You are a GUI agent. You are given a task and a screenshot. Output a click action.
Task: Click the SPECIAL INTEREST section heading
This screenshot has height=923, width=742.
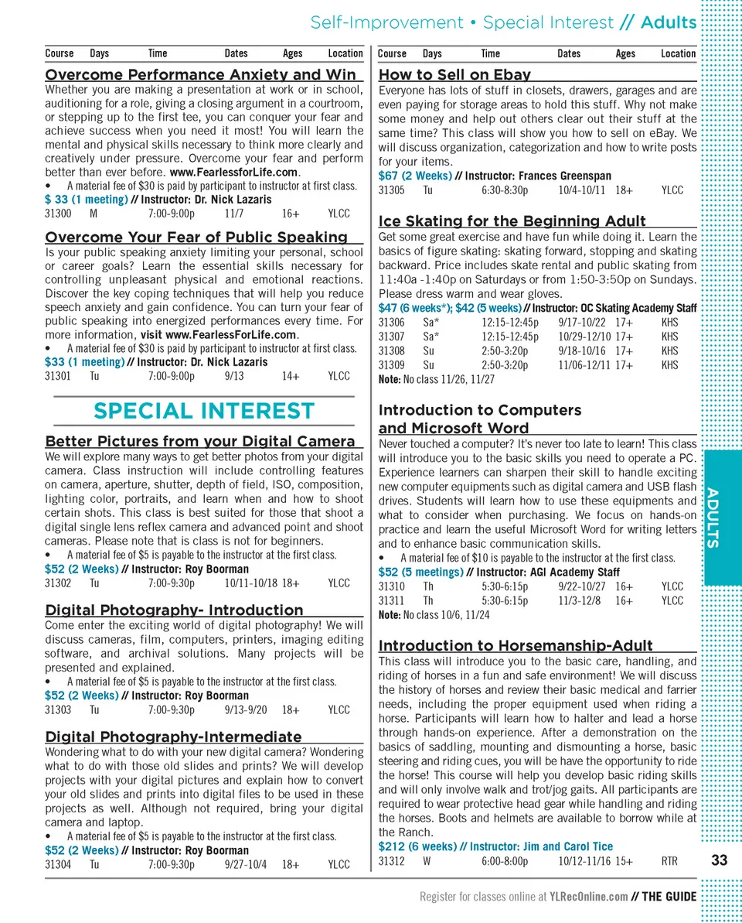tap(204, 411)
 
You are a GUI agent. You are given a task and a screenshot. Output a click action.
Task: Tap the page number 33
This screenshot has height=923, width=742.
tap(719, 860)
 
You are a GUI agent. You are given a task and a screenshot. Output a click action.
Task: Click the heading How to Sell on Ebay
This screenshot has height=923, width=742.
tap(454, 75)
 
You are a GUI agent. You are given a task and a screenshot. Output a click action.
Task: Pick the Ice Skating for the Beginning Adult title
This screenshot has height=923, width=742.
tap(512, 221)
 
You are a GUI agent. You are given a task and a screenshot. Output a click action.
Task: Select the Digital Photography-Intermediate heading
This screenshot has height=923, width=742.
tap(173, 737)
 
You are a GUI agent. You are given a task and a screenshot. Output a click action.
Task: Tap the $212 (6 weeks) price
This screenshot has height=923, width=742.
tap(417, 846)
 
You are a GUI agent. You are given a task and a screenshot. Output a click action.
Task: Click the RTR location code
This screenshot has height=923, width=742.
tap(669, 860)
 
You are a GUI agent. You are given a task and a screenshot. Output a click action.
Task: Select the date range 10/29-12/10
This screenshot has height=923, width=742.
tap(584, 337)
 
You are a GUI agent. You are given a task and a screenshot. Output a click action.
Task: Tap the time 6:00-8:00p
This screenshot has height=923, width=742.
tap(505, 860)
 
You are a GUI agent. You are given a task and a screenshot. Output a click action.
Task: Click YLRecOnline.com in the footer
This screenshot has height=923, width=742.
tap(588, 897)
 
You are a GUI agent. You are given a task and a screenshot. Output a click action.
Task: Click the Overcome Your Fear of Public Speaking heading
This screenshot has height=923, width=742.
tap(196, 237)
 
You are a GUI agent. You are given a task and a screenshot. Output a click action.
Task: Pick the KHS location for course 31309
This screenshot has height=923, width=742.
tap(670, 365)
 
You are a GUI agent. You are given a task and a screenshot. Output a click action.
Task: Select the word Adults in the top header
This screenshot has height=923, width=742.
tap(669, 22)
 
